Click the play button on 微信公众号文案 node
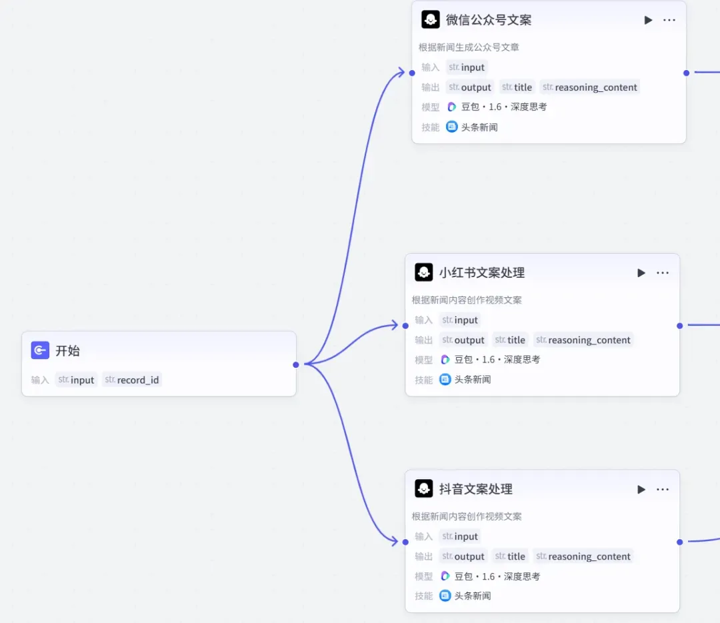[x=648, y=20]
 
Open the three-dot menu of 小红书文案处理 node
[x=663, y=273]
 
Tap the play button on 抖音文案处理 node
[x=641, y=489]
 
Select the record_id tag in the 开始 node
[x=132, y=380]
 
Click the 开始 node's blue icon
[x=40, y=350]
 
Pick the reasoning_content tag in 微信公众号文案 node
[x=590, y=87]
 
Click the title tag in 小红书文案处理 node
[x=510, y=340]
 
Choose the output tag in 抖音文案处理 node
[x=463, y=556]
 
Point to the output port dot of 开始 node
[x=296, y=364]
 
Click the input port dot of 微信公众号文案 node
[x=412, y=73]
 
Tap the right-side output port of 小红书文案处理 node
[x=679, y=326]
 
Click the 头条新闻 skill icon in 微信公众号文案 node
[x=452, y=127]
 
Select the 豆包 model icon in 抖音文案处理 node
[x=445, y=576]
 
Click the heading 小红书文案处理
[x=482, y=273]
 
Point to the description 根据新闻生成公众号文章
[x=469, y=47]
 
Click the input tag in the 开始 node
[x=76, y=380]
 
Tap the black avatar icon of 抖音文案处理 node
[x=423, y=488]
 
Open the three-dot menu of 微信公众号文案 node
[x=669, y=20]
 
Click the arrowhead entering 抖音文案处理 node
[x=395, y=541]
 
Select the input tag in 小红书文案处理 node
[x=460, y=320]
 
